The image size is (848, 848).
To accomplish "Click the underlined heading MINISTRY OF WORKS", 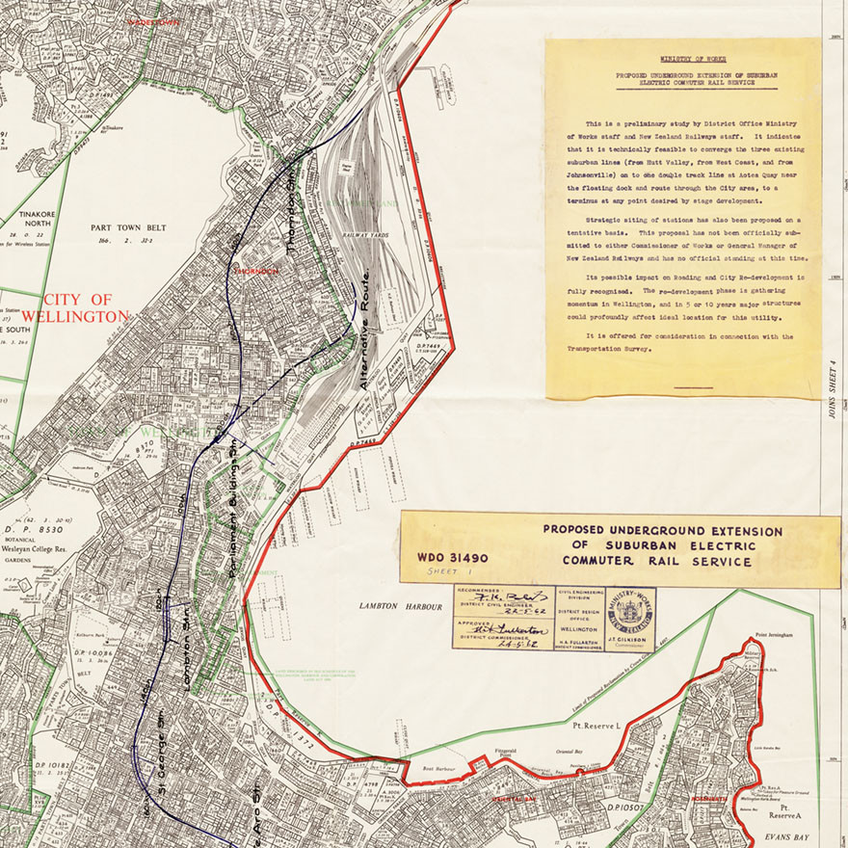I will (681, 59).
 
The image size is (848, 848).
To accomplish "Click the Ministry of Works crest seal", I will (630, 616).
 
